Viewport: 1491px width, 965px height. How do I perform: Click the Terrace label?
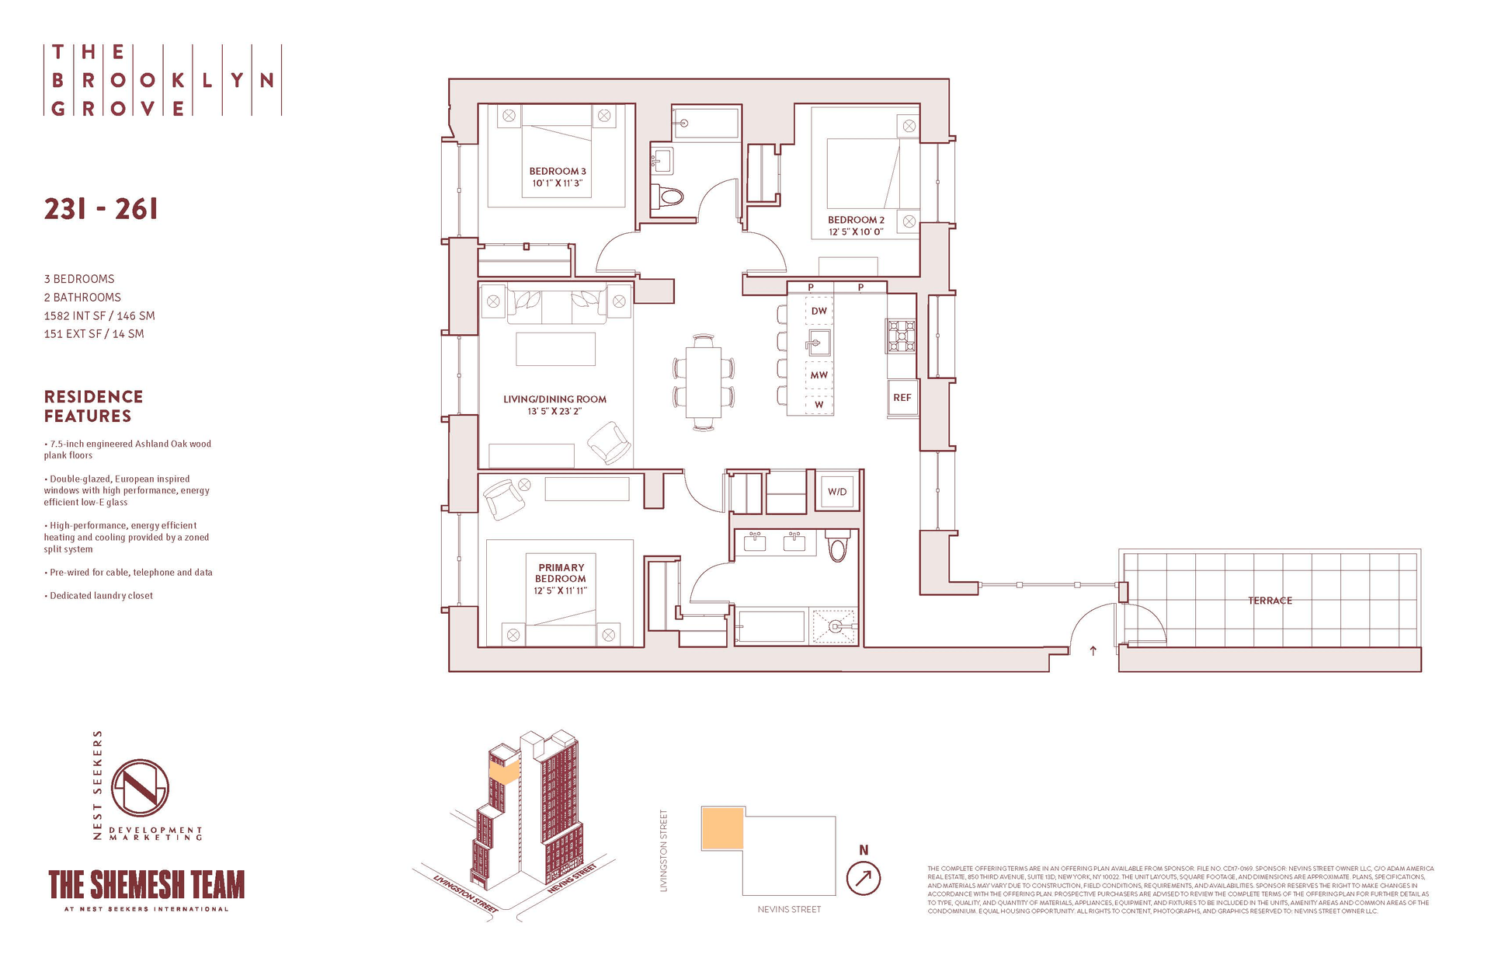(x=1270, y=601)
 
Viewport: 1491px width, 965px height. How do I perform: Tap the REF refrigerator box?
(x=902, y=398)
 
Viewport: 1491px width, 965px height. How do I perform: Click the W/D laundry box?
(x=837, y=492)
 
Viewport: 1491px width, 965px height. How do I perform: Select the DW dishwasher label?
(x=819, y=311)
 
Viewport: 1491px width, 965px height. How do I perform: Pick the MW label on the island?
(x=819, y=375)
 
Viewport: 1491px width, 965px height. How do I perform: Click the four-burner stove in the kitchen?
(x=902, y=336)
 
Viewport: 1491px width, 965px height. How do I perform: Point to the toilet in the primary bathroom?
(x=837, y=546)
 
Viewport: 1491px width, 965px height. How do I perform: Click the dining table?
(x=704, y=382)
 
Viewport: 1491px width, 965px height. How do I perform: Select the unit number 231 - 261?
(x=101, y=209)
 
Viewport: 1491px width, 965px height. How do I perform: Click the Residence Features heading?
(x=93, y=406)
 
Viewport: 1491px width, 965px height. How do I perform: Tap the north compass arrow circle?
(x=864, y=880)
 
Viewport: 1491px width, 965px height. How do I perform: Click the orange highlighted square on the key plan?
(x=722, y=828)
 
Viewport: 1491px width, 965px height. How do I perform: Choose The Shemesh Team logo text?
(x=147, y=885)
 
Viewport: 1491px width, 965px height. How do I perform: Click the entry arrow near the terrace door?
(x=1093, y=651)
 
